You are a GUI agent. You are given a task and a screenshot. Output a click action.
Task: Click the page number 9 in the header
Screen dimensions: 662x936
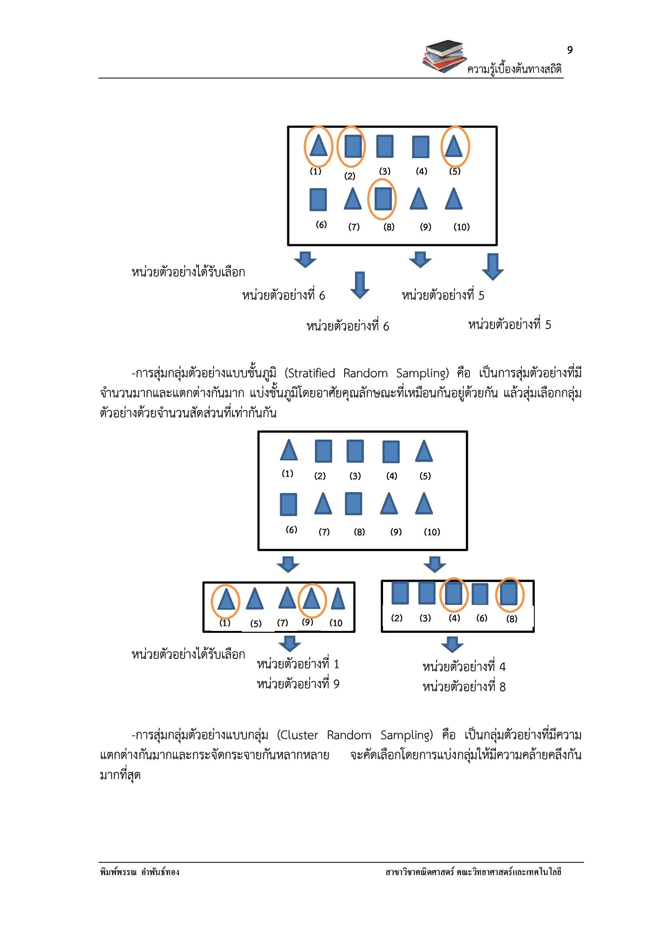pos(570,50)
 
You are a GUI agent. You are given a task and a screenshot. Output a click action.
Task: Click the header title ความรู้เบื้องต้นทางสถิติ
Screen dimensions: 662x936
pos(514,69)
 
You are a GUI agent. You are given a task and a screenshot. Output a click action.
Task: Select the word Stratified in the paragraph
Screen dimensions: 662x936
pos(310,373)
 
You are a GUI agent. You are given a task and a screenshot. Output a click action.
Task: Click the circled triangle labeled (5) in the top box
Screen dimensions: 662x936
pos(453,147)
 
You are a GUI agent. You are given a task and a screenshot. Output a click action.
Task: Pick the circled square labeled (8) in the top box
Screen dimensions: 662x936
pos(383,199)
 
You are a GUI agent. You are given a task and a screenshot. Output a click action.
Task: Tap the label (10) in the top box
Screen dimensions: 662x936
pos(461,227)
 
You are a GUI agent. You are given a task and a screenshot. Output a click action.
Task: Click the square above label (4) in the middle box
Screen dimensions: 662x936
pos(391,451)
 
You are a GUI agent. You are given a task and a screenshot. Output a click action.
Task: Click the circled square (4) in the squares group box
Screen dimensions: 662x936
pos(454,594)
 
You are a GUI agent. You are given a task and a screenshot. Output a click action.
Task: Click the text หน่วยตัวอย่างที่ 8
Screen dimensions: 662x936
pos(464,687)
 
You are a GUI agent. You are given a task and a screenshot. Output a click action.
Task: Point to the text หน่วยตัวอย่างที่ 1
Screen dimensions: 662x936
pos(298,664)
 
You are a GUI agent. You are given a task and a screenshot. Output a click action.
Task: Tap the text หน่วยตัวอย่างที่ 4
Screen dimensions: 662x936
pos(464,667)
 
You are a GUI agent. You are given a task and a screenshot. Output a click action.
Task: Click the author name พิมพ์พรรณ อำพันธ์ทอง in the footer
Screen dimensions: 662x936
pos(139,872)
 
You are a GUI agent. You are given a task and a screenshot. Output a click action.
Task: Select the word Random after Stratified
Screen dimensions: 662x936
pos(365,373)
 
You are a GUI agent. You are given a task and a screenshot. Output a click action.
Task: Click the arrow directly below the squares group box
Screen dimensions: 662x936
pos(452,645)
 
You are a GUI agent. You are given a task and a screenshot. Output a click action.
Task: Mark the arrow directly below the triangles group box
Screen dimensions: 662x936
pos(289,644)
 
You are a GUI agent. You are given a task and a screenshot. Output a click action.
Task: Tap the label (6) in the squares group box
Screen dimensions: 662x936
pos(482,618)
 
